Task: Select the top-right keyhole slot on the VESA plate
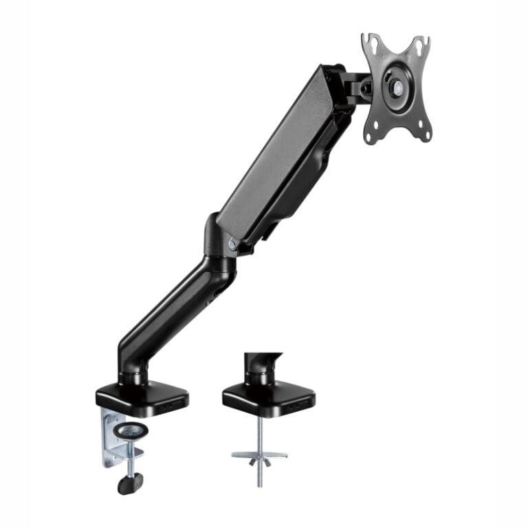point(419,45)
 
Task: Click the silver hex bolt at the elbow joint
point(232,243)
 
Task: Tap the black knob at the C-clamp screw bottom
point(128,483)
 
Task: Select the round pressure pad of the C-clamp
point(131,430)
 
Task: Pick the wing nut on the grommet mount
point(259,456)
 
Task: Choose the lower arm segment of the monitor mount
point(172,309)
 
